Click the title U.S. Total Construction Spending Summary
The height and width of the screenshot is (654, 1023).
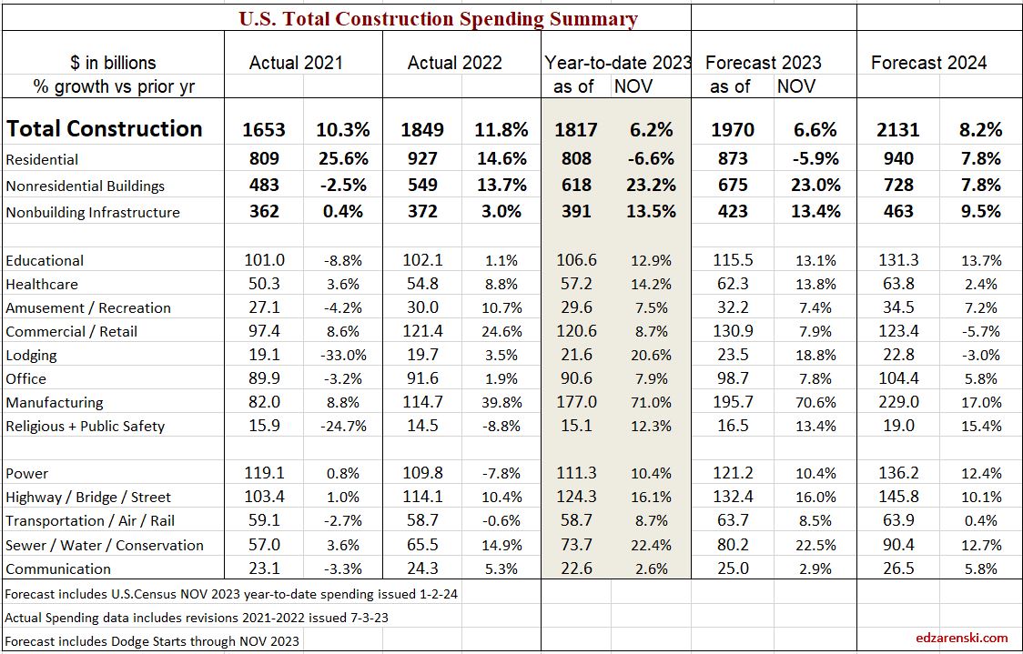[x=438, y=18]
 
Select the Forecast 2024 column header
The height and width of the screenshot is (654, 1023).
[x=928, y=63]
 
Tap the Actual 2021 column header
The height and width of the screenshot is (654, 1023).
[x=296, y=63]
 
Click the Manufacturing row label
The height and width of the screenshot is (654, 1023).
[x=55, y=402]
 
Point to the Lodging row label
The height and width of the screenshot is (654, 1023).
[x=31, y=355]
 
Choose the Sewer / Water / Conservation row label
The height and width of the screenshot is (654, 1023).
[x=105, y=545]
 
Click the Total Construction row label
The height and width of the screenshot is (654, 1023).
[x=104, y=128]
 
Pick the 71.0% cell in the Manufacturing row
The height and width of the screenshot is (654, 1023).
[x=652, y=402]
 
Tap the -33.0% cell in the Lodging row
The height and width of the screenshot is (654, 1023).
[x=347, y=356]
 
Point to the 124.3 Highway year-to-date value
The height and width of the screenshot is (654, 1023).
[x=575, y=498]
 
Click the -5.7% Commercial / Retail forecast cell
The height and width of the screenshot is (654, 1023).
[x=981, y=332]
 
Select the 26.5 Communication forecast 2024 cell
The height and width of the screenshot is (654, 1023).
[x=898, y=569]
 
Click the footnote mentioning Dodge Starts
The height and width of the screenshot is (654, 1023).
[x=152, y=640]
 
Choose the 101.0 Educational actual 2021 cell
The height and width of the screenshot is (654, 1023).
[x=264, y=261]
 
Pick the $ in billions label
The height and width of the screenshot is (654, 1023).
[x=113, y=63]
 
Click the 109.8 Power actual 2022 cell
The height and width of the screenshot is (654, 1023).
[x=421, y=474]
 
